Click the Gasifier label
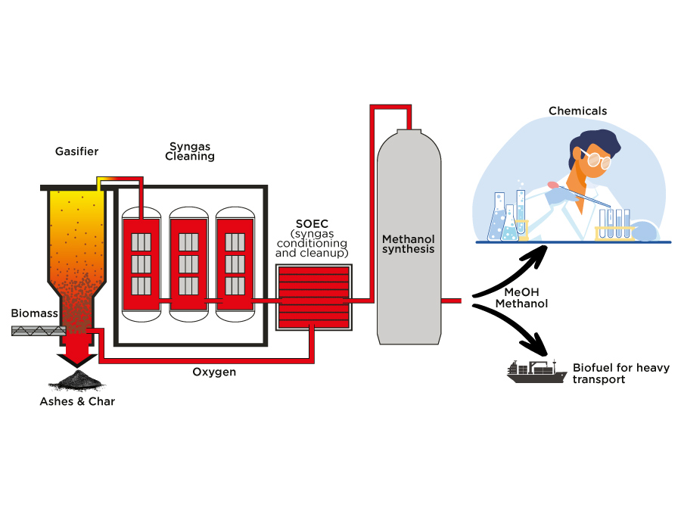click(76, 151)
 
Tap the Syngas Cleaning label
click(190, 151)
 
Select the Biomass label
click(30, 313)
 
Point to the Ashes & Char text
click(77, 401)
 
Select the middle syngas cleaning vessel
click(188, 262)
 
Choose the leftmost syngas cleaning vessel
click(141, 262)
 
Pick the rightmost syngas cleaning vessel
click(235, 262)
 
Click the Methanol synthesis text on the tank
click(409, 244)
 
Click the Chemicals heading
click(577, 111)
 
